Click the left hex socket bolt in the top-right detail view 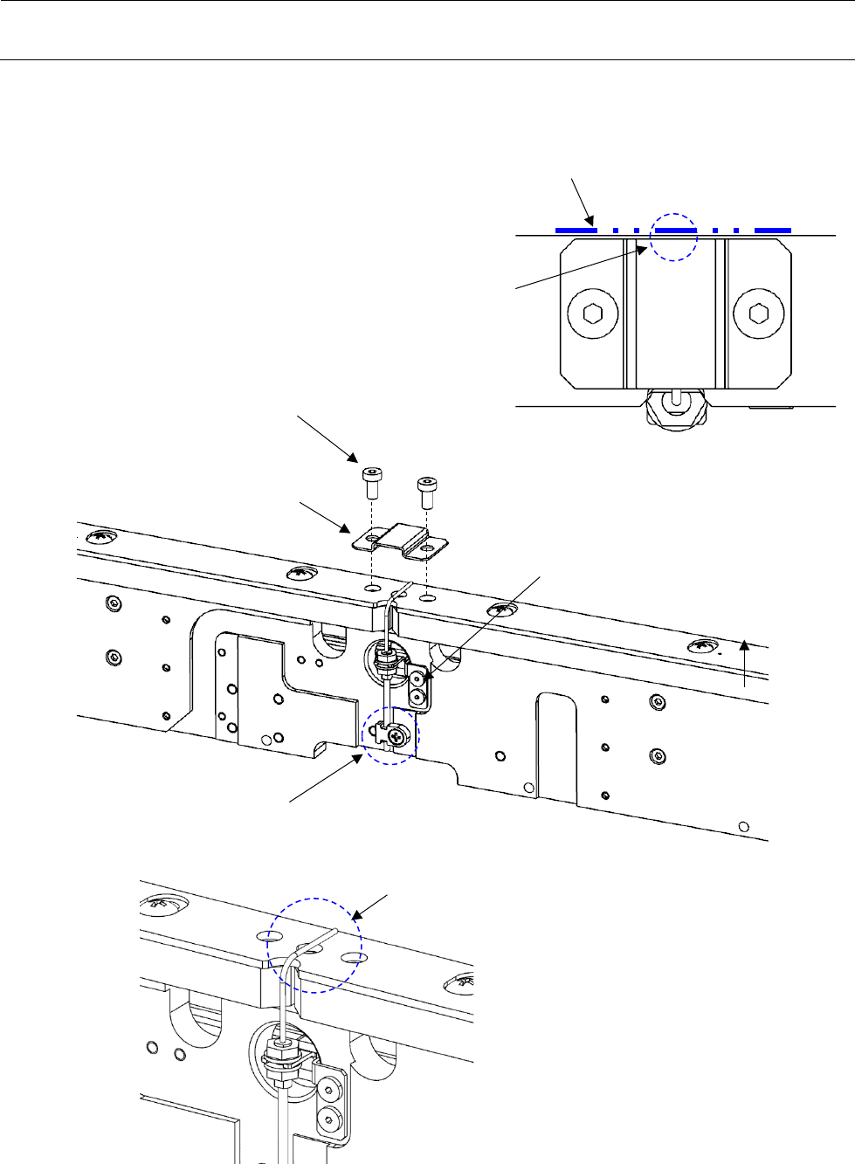click(x=593, y=313)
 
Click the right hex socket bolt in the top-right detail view click(x=753, y=313)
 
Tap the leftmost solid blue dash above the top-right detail click(x=576, y=231)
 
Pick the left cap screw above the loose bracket click(x=371, y=481)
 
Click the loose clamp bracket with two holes click(x=401, y=541)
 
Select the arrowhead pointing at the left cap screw click(x=354, y=458)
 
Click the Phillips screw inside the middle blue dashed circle click(x=399, y=736)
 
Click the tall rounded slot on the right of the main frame click(x=556, y=747)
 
